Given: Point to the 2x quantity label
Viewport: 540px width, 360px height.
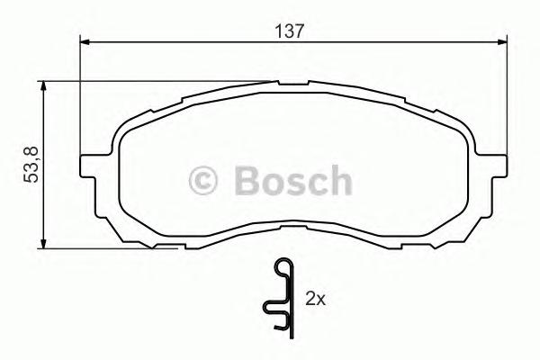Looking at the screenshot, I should point(314,296).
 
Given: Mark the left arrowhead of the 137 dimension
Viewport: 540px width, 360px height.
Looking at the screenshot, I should point(86,40).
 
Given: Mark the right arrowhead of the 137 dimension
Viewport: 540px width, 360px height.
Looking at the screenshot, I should point(499,40).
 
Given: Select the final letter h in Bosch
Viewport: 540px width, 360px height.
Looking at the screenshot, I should point(337,181).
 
